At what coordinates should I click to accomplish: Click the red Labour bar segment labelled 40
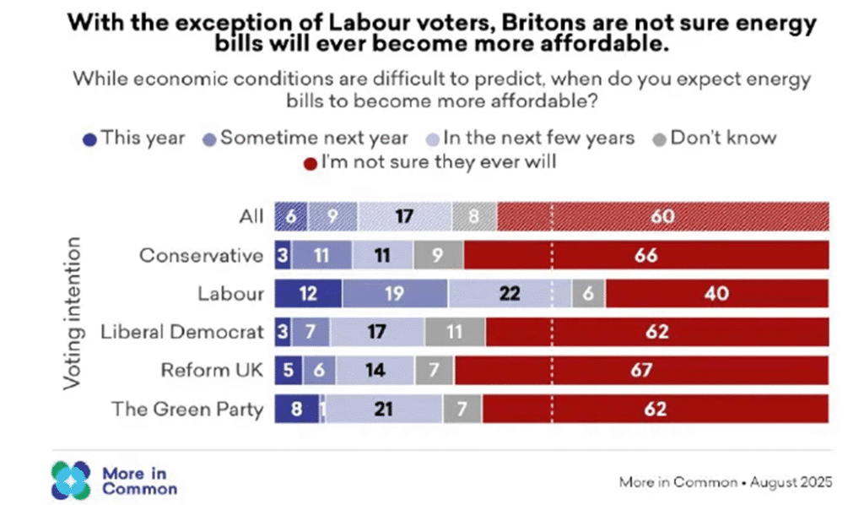(717, 294)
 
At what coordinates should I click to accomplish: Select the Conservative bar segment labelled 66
(646, 255)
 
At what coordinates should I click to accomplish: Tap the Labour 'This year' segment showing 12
(308, 294)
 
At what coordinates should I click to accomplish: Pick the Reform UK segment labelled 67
(641, 371)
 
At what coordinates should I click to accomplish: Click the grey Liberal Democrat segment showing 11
(455, 333)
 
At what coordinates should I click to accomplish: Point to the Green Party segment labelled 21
(385, 410)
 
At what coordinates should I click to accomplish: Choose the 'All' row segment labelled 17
(403, 217)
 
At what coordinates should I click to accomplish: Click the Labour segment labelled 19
(395, 294)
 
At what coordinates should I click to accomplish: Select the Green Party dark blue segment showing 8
(297, 410)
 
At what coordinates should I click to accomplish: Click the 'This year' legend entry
(135, 138)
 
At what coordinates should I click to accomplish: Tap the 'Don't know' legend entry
(715, 138)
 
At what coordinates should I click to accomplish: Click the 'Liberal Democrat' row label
(182, 332)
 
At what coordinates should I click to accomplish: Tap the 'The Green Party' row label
(188, 410)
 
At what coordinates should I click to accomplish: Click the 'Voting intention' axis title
(73, 312)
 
